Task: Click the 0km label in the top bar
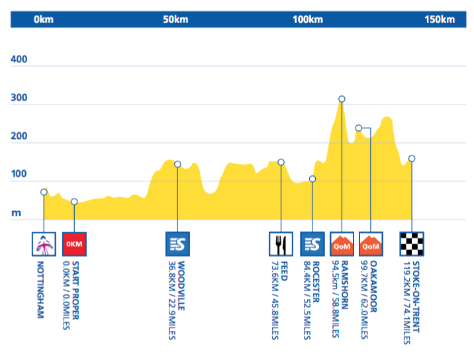click(x=44, y=19)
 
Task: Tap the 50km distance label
click(x=175, y=19)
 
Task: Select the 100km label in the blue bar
click(x=307, y=19)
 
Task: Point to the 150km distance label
click(x=440, y=19)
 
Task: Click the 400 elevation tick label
click(x=19, y=60)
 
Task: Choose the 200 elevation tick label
click(x=19, y=137)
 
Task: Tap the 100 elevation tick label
click(x=19, y=175)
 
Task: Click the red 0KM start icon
click(x=74, y=244)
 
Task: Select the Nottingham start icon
click(x=44, y=244)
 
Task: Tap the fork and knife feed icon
click(x=281, y=244)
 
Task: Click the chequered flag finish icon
click(x=412, y=244)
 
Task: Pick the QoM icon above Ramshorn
click(x=342, y=244)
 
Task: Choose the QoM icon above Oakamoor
click(x=371, y=244)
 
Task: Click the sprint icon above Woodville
click(x=177, y=244)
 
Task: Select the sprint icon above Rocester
click(x=312, y=244)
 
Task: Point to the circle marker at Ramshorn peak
click(x=342, y=99)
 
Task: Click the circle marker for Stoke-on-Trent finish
click(x=412, y=158)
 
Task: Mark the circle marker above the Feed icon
click(x=281, y=162)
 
